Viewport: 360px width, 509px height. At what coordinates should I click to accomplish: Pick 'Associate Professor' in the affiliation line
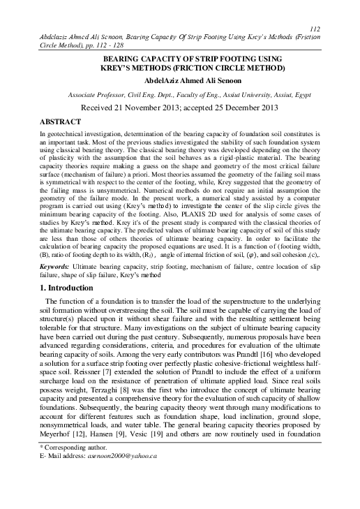(98, 93)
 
